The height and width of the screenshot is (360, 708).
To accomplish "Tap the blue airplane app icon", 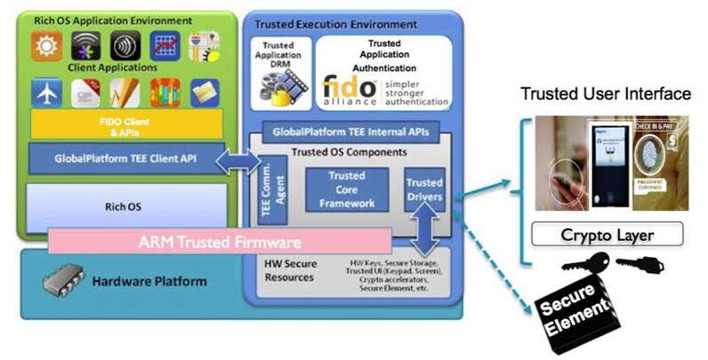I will (46, 92).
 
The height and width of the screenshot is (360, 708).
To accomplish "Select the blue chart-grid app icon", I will (165, 45).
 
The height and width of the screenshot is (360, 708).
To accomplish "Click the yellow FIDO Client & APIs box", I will (125, 124).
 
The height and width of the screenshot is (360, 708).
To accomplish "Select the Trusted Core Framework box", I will (346, 189).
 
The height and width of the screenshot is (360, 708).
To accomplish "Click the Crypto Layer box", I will (607, 235).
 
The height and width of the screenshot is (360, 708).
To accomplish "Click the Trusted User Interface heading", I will (606, 94).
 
